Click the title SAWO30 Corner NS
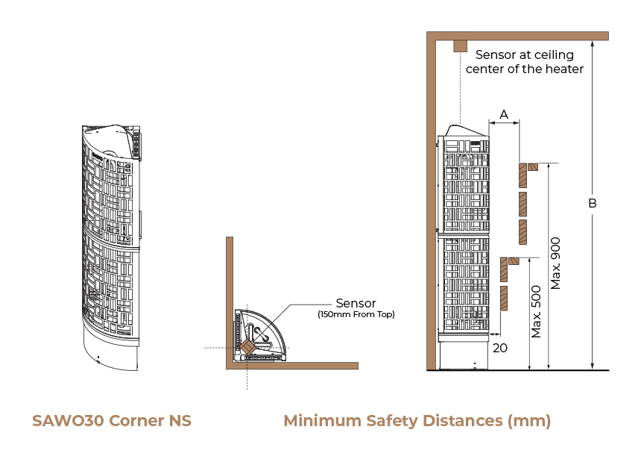(x=112, y=421)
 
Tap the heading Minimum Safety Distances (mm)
(x=417, y=421)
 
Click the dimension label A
(x=503, y=114)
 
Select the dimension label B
(x=593, y=203)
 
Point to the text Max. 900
(x=556, y=263)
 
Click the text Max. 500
(x=537, y=311)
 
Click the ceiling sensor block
(x=460, y=46)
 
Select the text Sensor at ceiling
(x=525, y=54)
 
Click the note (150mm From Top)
(x=356, y=314)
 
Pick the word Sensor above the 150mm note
(x=356, y=303)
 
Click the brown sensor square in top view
(x=247, y=346)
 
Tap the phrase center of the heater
(x=525, y=69)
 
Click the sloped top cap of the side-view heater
(x=464, y=131)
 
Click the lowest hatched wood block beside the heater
(x=505, y=299)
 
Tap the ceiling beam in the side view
(x=522, y=35)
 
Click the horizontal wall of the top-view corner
(x=298, y=366)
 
